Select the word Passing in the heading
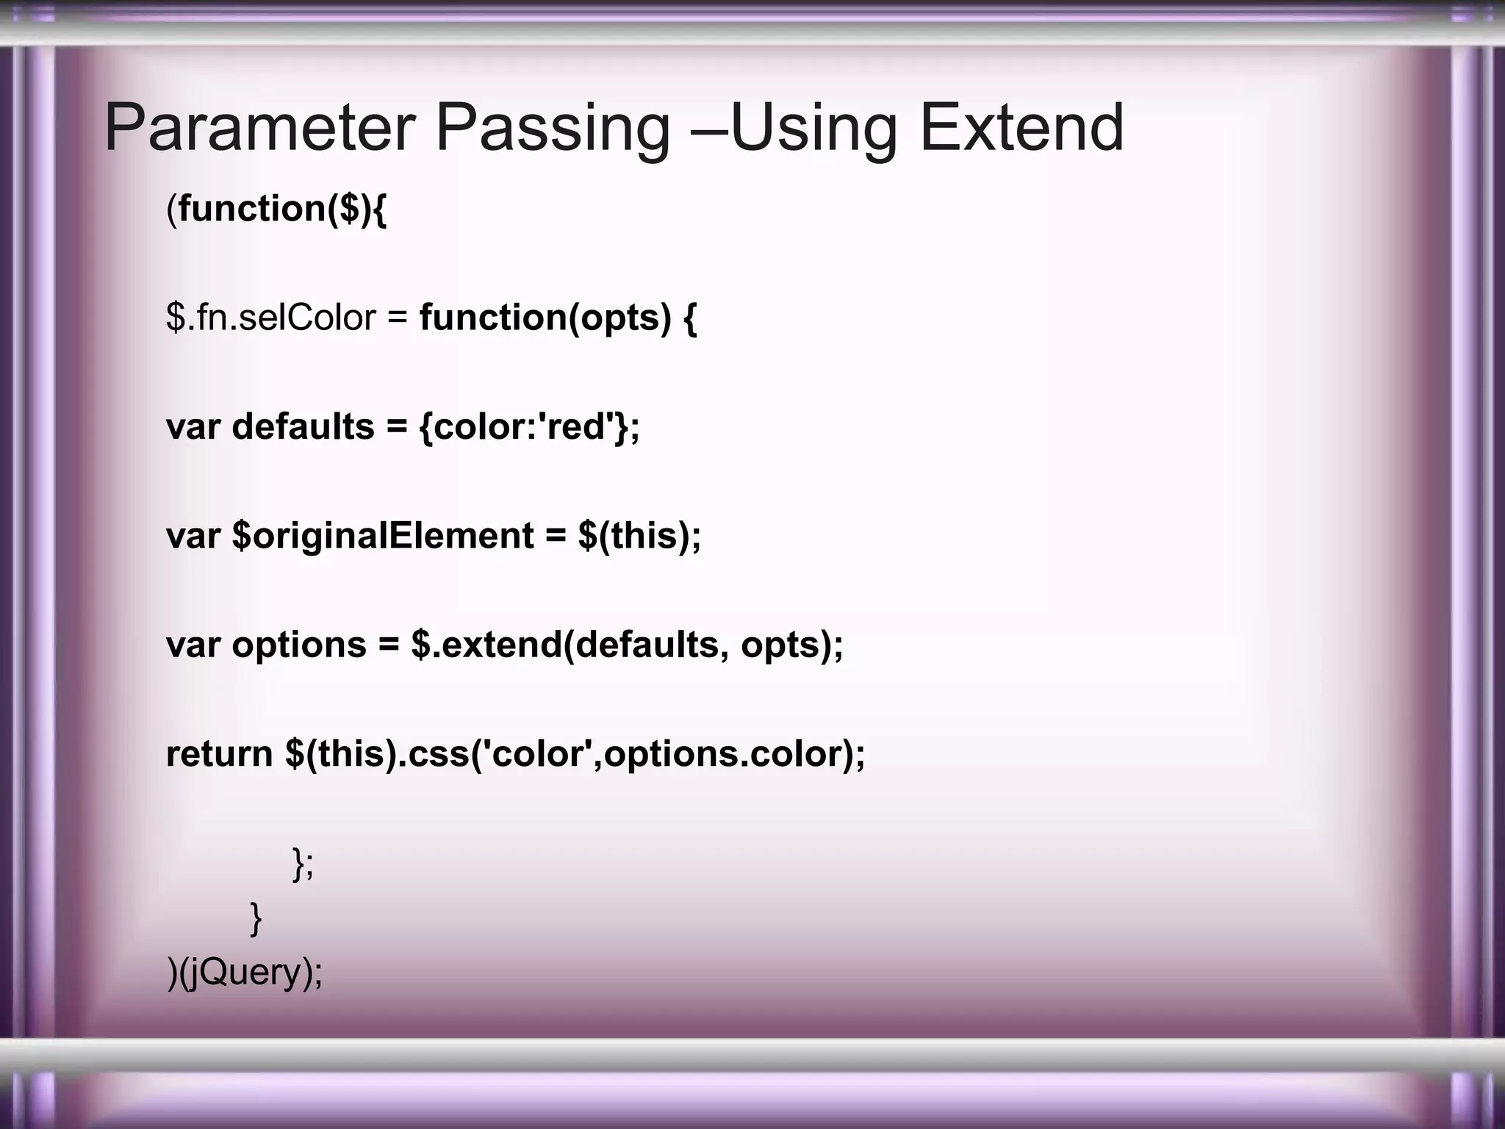553,129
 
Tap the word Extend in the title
1021,129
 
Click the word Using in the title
813,129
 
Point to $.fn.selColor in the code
271,318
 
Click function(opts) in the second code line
545,318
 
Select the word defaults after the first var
303,427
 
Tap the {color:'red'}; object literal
529,427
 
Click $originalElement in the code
382,536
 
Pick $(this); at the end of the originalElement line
639,536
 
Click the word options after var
298,645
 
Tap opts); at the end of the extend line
791,645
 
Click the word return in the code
219,754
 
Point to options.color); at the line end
735,754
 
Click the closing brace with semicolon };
303,863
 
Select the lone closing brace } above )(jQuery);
256,918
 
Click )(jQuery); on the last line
245,973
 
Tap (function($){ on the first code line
276,209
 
